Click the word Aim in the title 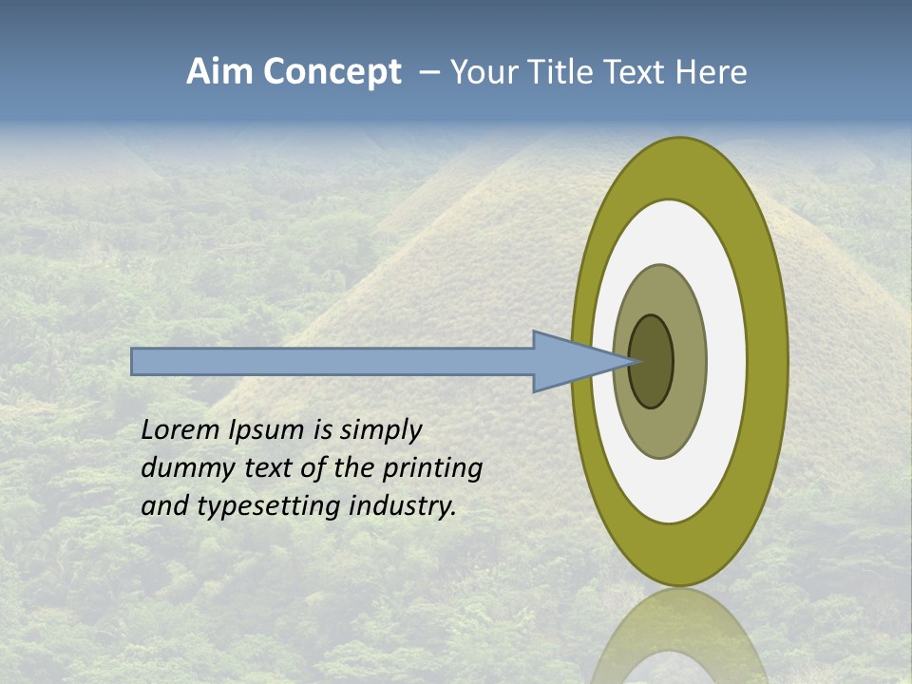(219, 72)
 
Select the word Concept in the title (332, 72)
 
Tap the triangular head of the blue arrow (570, 361)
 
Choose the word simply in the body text (380, 431)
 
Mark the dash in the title (428, 73)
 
